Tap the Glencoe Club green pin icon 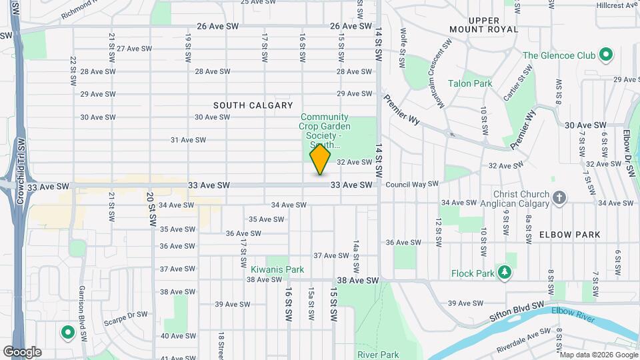click(x=606, y=55)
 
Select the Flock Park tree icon click(x=505, y=273)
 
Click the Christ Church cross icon click(x=559, y=197)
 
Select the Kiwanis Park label click(x=277, y=270)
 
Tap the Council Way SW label click(x=411, y=184)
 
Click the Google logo click(x=22, y=351)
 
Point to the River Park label click(x=377, y=355)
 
